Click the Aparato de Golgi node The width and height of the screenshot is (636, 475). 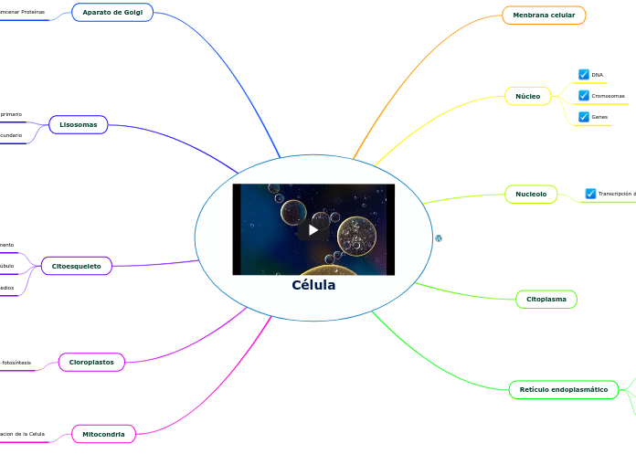pos(112,13)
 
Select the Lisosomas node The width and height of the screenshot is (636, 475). pos(79,124)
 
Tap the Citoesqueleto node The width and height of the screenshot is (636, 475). pos(77,266)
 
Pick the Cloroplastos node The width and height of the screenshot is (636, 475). pos(91,362)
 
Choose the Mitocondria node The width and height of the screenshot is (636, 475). pos(103,434)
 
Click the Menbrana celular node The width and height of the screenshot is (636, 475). pos(544,15)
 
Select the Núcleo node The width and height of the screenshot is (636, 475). pos(527,96)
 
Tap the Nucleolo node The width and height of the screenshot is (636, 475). pos(531,194)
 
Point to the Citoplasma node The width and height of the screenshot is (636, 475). pos(546,300)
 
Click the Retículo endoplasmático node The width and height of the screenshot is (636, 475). pos(563,390)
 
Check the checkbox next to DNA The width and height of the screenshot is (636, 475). pos(584,75)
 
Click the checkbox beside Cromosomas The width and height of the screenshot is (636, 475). pos(584,96)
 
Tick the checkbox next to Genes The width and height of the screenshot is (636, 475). pos(584,117)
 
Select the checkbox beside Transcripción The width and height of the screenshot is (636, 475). pos(590,194)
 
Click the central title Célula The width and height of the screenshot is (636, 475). pos(313,285)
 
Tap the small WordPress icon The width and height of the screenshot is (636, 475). pos(439,237)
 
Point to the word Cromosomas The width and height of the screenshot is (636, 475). pos(609,96)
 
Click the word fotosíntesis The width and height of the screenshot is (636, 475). pos(16,363)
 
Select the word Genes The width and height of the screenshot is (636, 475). pos(599,117)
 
